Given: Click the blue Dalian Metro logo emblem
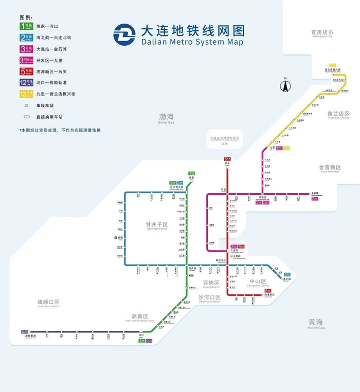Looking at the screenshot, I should [125, 34].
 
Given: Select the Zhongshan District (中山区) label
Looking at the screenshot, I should [257, 282].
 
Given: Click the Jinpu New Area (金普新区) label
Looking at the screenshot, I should [329, 167].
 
